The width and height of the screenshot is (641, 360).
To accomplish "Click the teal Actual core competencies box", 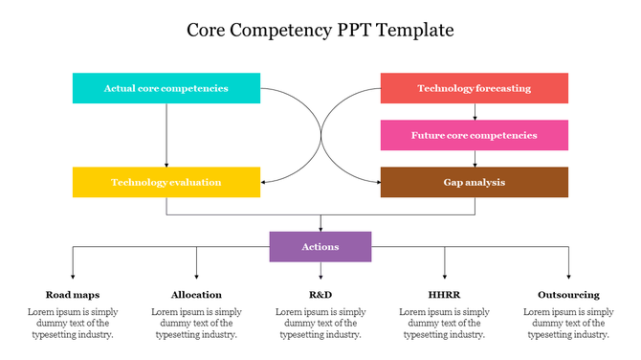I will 166,88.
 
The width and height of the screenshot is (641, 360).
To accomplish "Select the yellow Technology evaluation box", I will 166,182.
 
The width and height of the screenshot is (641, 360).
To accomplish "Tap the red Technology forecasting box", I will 474,88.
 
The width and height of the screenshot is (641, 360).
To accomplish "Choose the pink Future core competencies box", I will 474,135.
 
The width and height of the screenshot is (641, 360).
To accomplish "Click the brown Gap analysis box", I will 474,182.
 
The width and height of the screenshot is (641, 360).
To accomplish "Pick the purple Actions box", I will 320,247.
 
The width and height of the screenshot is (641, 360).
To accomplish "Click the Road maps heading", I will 73,295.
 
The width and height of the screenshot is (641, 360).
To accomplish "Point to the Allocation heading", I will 196,295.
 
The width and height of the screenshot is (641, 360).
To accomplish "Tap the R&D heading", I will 320,295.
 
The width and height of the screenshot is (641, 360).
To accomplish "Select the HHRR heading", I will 444,295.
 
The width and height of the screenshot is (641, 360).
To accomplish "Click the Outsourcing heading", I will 568,295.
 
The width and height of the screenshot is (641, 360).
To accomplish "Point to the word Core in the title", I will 208,31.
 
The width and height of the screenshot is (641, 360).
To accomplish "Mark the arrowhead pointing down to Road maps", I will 73,276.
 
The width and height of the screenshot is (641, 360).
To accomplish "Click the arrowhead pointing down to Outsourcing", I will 568,276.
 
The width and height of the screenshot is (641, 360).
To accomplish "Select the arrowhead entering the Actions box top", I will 320,228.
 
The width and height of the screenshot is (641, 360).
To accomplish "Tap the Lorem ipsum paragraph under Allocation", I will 196,324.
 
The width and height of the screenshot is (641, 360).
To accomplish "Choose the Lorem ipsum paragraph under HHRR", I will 444,324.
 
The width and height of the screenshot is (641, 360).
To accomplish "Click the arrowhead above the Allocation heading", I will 196,276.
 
